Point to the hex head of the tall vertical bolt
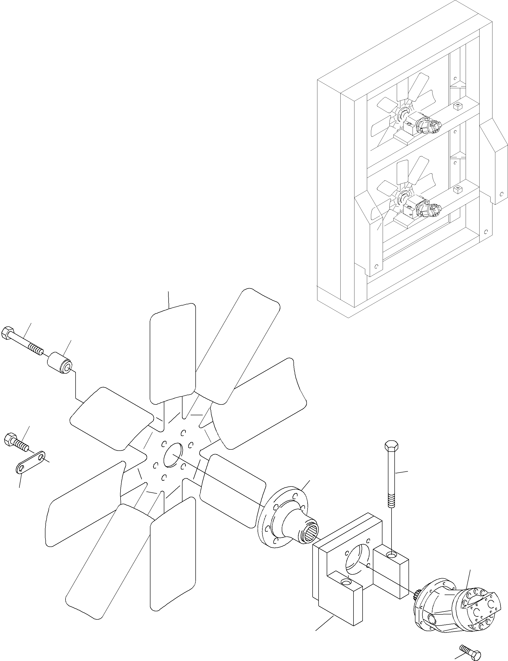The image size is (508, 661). coord(391,446)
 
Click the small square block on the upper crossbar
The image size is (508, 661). coord(458,106)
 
